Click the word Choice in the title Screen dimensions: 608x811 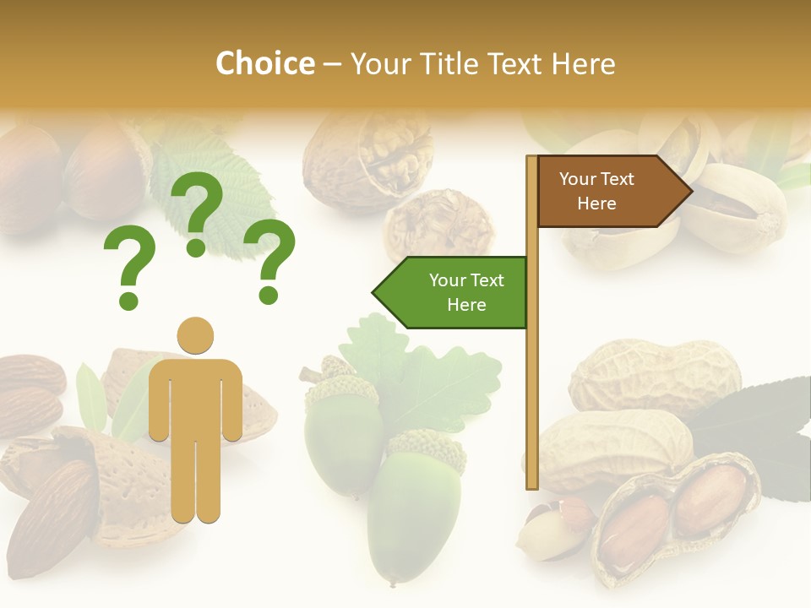point(264,64)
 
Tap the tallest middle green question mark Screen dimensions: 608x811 point(197,212)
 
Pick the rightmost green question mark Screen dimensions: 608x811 point(269,260)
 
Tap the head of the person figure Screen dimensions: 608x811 point(195,335)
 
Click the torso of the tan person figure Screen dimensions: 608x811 point(195,397)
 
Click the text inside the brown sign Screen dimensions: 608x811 point(596,191)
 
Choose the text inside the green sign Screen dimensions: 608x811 point(466,292)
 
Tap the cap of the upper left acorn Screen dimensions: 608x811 point(340,389)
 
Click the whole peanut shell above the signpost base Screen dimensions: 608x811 point(655,376)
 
